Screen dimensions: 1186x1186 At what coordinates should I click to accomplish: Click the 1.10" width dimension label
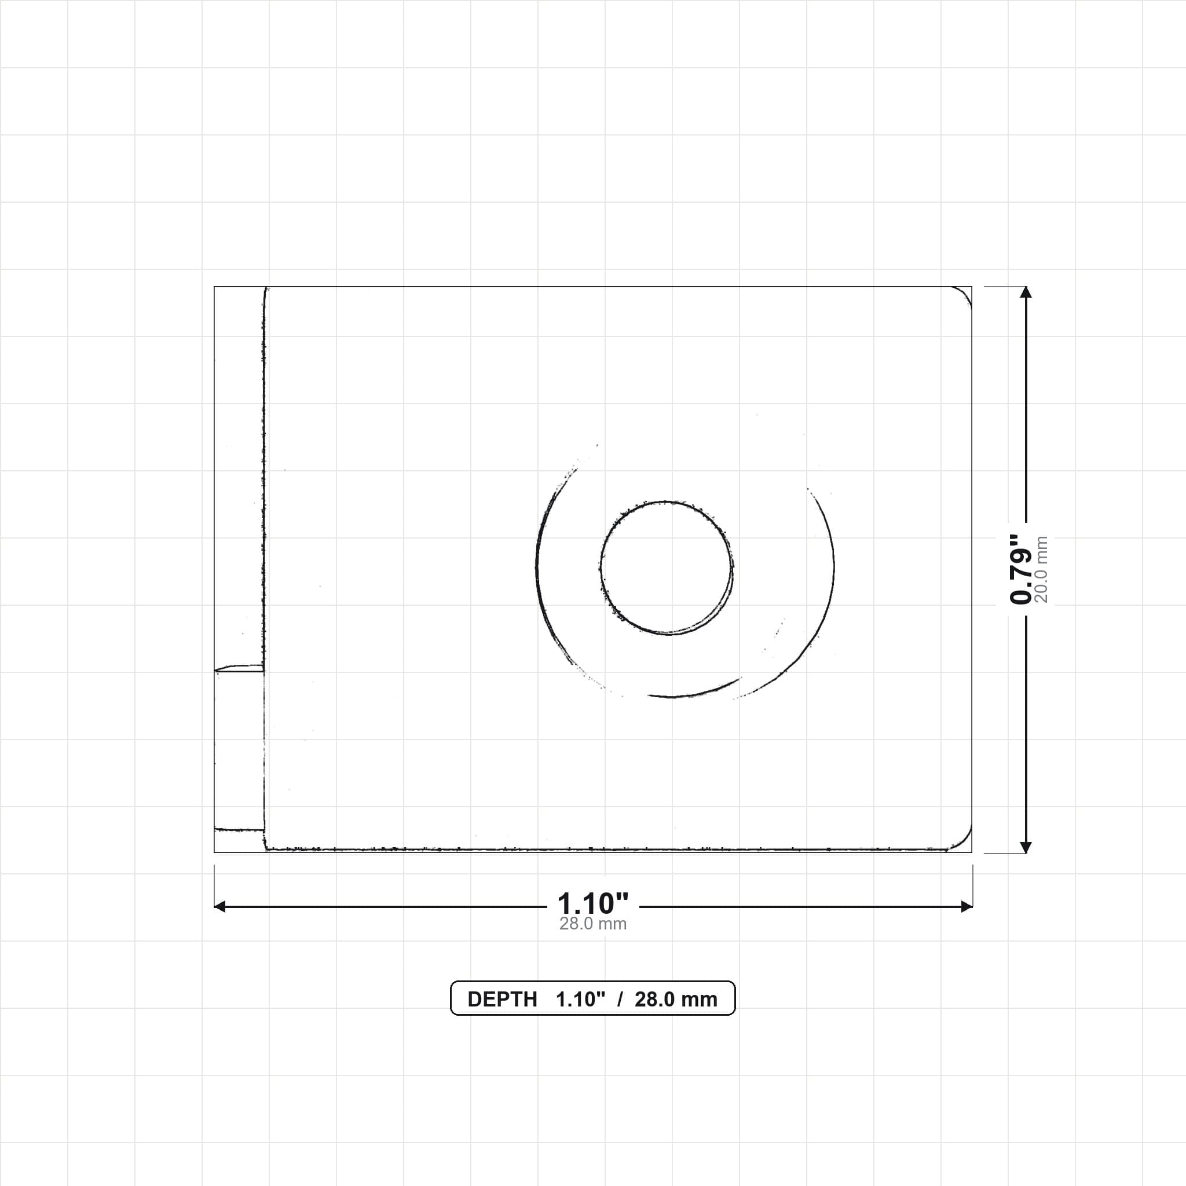592,904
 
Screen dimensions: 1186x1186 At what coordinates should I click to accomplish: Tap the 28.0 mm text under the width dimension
592,924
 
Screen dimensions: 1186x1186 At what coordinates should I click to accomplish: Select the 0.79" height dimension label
1020,569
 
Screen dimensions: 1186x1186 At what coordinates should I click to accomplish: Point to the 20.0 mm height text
1041,569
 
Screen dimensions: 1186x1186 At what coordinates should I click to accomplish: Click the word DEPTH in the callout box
502,1000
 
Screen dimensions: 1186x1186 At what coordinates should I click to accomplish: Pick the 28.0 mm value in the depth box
676,1000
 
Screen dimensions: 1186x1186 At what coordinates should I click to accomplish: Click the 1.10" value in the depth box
580,1000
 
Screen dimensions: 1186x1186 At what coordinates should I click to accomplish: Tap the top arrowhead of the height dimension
1025,292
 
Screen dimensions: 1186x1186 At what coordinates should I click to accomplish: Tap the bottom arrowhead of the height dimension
1025,847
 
